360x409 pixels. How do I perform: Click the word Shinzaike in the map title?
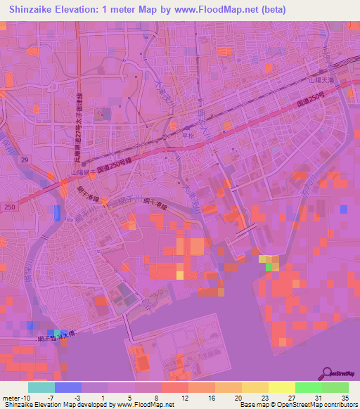coord(34,10)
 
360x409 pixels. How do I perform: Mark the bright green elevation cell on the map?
coord(271,265)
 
